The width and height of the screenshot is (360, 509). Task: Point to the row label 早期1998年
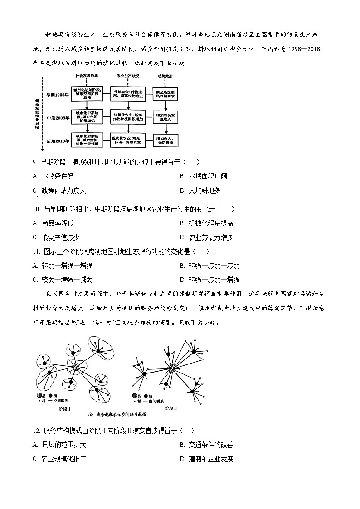58,95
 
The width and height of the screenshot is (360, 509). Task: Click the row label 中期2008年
58,118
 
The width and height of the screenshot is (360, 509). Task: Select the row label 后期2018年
58,141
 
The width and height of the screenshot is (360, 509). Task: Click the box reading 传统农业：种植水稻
128,94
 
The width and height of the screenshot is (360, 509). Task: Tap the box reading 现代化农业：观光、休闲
128,140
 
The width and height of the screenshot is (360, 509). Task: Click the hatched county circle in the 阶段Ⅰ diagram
77,366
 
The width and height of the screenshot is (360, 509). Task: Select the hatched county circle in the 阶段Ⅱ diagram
171,368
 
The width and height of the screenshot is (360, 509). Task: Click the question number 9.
34,162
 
